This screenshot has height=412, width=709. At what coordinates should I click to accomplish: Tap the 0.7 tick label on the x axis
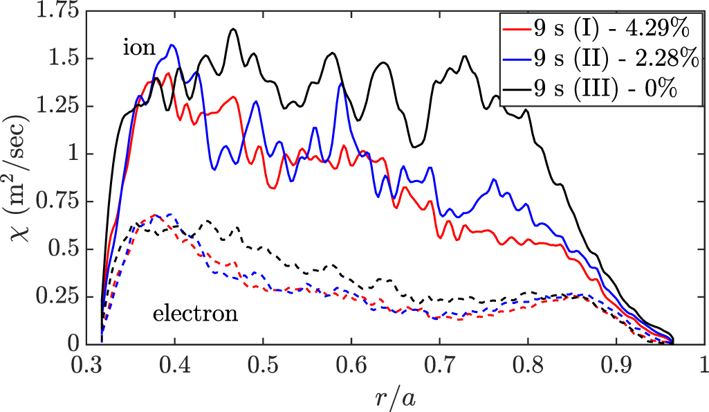440,365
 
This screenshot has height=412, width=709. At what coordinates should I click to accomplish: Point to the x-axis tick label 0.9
616,365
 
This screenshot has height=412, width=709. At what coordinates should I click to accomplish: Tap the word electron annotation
195,314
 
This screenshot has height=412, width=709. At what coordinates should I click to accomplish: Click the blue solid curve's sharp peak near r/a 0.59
341,83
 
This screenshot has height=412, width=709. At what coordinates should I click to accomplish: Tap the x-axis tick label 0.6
351,365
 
